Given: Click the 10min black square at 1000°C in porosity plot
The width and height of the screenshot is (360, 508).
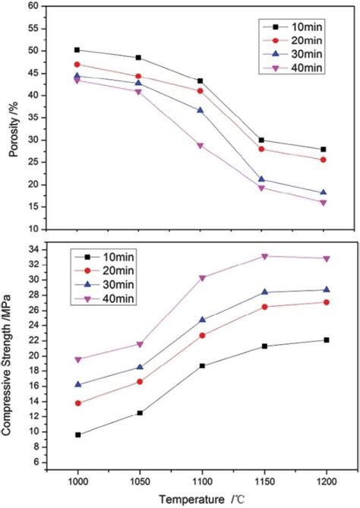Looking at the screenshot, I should [x=77, y=50].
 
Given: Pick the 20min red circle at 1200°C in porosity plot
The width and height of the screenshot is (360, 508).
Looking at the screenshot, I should [x=324, y=159].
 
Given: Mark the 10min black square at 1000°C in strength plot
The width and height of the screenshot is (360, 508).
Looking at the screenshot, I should [x=77, y=434].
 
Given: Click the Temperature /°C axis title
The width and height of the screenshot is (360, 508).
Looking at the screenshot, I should [x=203, y=499].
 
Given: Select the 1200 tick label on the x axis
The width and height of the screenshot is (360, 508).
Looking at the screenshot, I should [x=324, y=483].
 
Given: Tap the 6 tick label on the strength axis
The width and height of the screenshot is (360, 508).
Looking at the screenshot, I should [x=35, y=462].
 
